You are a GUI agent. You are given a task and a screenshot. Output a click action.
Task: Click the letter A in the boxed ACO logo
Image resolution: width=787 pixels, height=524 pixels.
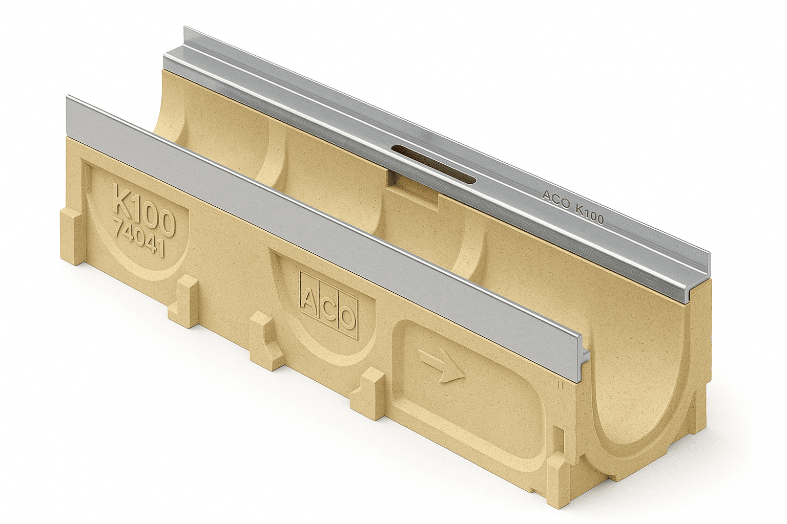[309, 298]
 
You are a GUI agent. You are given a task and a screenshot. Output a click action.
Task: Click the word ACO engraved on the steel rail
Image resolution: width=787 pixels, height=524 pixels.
[556, 200]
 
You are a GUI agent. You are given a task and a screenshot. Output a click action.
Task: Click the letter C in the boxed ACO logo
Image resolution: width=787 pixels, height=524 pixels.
[328, 308]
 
